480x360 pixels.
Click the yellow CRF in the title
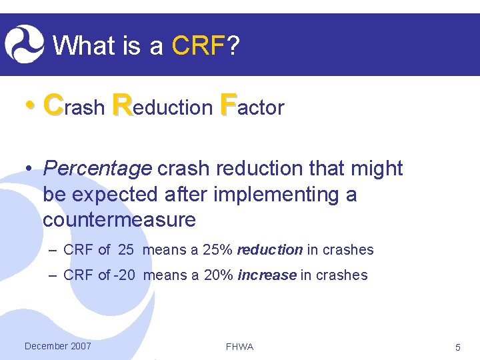pos(198,46)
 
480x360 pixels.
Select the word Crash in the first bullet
pos(73,106)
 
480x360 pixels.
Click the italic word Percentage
pos(97,169)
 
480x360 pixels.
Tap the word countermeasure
pos(119,219)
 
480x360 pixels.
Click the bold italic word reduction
pos(269,250)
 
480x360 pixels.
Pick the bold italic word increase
pos(267,275)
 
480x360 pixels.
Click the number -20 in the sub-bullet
pos(125,275)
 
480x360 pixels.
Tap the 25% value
pos(217,250)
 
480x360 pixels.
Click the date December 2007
pos(57,346)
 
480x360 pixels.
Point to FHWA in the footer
pos(239,347)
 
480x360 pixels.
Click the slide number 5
pos(457,347)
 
